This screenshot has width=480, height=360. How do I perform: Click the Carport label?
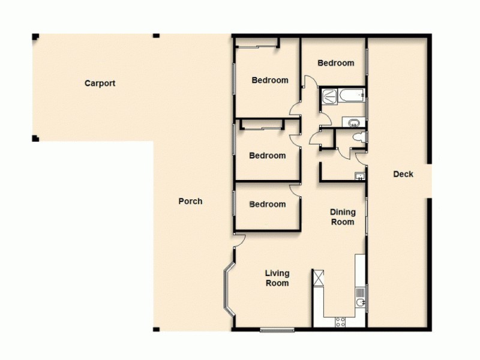(x=100, y=83)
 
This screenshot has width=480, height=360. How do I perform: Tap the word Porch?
(x=190, y=201)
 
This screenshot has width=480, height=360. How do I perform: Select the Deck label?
(x=403, y=175)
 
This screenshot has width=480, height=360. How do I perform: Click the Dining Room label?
(x=343, y=217)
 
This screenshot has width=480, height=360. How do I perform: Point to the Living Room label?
(x=277, y=278)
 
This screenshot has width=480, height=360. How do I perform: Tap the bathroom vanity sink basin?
(x=354, y=124)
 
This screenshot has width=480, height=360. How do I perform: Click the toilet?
(x=358, y=137)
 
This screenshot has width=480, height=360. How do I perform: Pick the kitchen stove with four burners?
(x=340, y=321)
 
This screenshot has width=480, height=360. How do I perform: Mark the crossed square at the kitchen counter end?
(x=317, y=278)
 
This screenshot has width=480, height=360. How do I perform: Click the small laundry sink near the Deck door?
(x=359, y=175)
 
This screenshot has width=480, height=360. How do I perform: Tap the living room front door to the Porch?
(x=240, y=239)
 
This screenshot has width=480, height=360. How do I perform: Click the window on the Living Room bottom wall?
(x=277, y=329)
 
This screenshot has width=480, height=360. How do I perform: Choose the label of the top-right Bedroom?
(x=335, y=63)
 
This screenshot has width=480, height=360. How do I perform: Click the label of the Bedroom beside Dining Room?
(x=268, y=204)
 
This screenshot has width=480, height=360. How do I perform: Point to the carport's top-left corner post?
(x=35, y=37)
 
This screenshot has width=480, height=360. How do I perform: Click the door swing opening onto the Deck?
(x=361, y=159)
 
